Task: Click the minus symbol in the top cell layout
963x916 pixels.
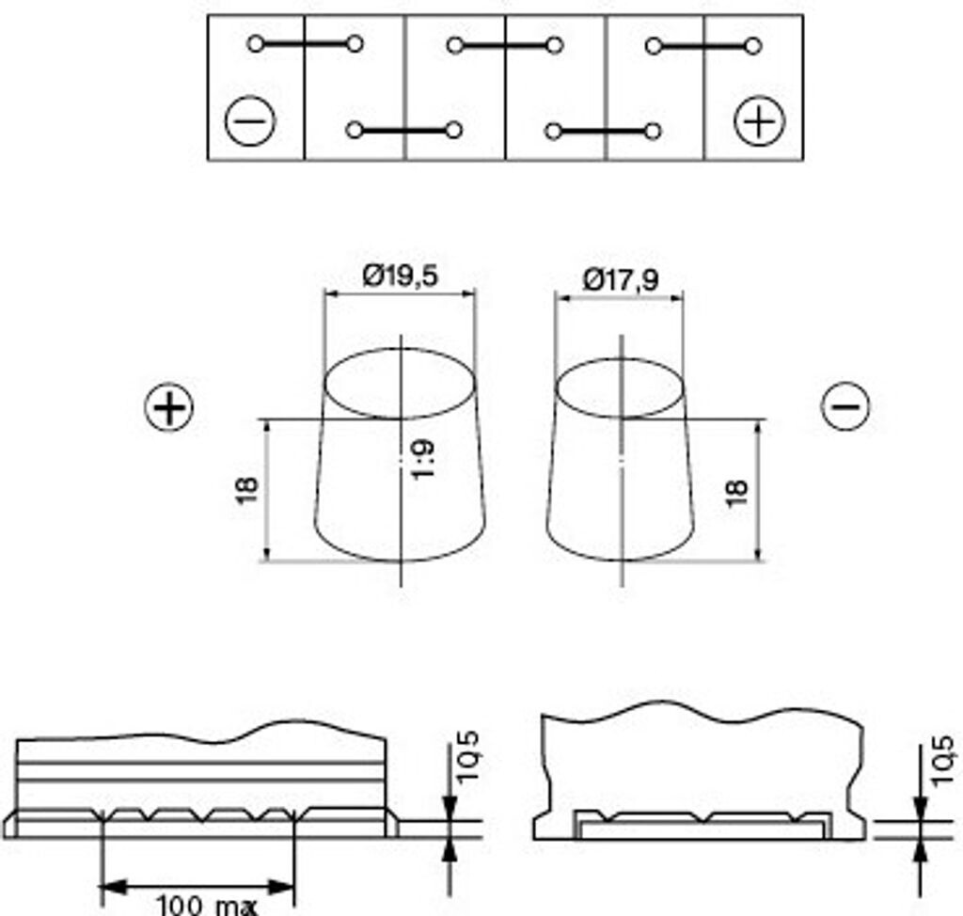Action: pyautogui.click(x=250, y=121)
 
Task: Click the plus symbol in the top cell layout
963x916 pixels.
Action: pyautogui.click(x=760, y=121)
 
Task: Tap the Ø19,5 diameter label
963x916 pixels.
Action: pyautogui.click(x=401, y=276)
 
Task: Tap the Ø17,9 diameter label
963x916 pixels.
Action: pyautogui.click(x=621, y=280)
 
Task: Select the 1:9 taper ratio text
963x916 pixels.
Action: pyautogui.click(x=424, y=458)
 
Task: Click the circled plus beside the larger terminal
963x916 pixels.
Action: pyautogui.click(x=169, y=407)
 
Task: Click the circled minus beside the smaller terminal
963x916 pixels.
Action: pyautogui.click(x=845, y=405)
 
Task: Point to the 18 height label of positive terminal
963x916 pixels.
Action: pyautogui.click(x=247, y=490)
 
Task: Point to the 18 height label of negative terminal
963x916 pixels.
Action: pyautogui.click(x=737, y=493)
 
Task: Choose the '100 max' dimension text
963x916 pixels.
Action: pyautogui.click(x=207, y=906)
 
